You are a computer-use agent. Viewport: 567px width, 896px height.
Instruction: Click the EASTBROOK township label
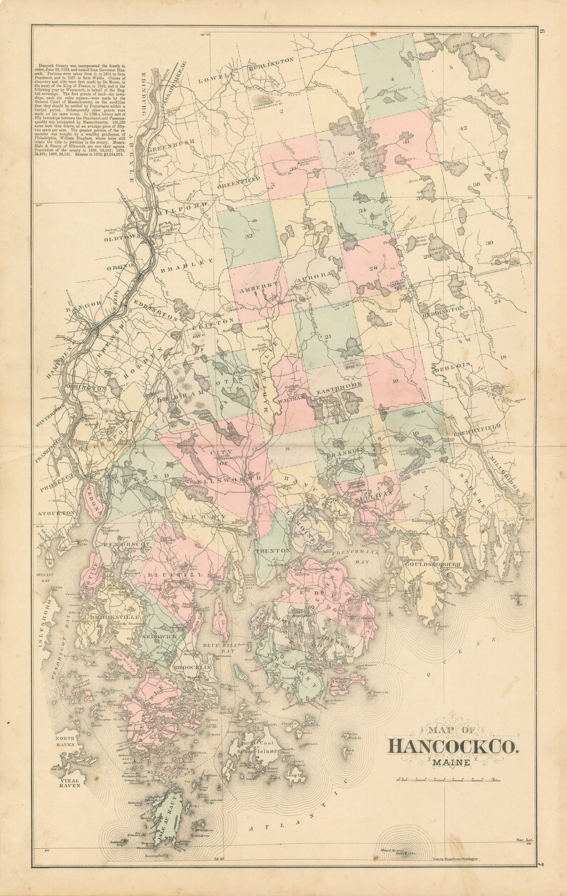click(340, 386)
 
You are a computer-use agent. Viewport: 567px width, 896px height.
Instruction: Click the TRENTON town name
click(274, 551)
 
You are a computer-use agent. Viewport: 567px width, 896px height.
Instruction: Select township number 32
click(249, 235)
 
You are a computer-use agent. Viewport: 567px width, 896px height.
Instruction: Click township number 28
click(372, 267)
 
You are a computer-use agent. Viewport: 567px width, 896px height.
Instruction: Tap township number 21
click(328, 336)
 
